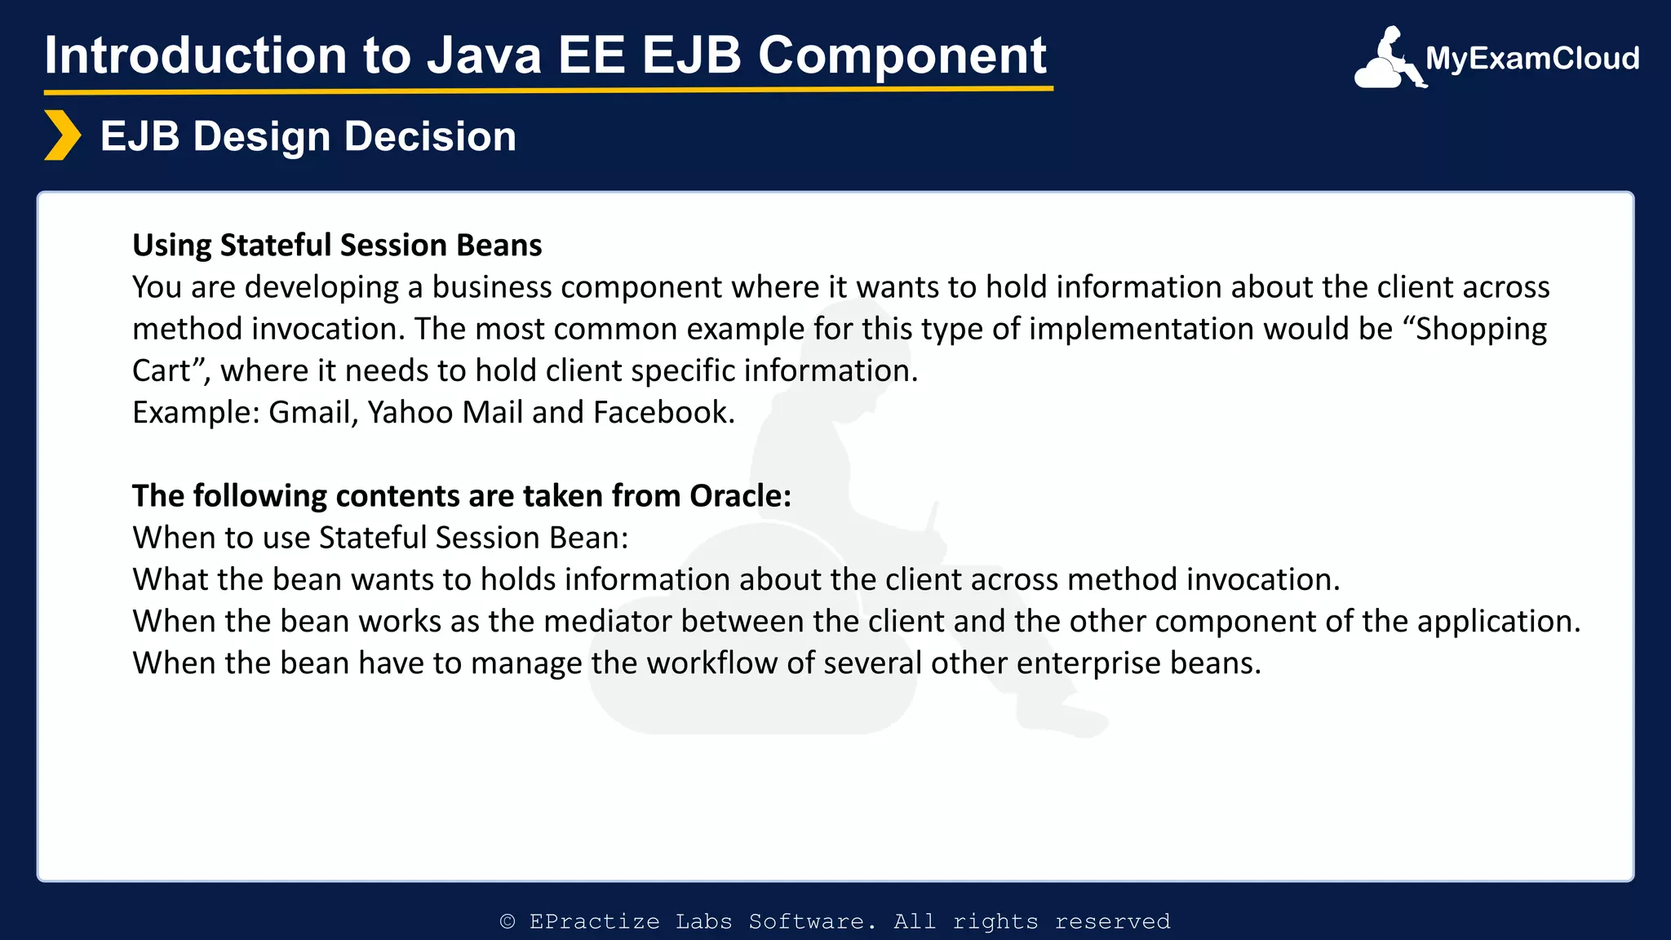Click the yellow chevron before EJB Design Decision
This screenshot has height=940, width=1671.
point(62,135)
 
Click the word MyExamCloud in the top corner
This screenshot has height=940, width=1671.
point(1531,59)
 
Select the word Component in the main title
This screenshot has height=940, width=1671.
point(902,55)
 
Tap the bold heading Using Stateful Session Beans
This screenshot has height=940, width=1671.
point(337,245)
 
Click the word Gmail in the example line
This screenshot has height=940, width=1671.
point(312,412)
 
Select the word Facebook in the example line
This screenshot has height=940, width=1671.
point(663,412)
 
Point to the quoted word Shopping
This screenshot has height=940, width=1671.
point(1480,329)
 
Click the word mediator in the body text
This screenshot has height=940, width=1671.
point(608,622)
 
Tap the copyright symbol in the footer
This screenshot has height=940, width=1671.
point(508,921)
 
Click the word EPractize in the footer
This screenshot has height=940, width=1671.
point(594,921)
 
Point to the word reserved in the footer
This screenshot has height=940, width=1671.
point(1112,921)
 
